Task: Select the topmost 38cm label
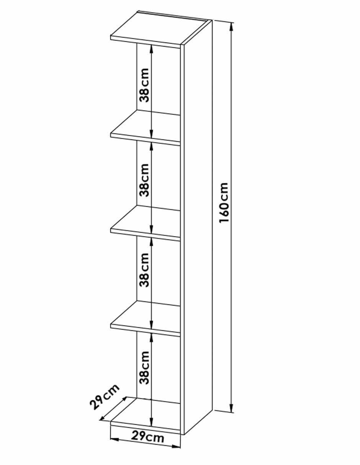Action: tap(144, 85)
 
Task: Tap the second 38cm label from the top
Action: tap(144, 180)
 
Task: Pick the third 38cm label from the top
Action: tap(144, 270)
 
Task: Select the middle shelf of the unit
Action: tap(145, 223)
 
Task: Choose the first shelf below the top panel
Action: tap(145, 127)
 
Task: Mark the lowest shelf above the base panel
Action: tap(145, 319)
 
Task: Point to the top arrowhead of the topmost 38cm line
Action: tap(151, 48)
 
